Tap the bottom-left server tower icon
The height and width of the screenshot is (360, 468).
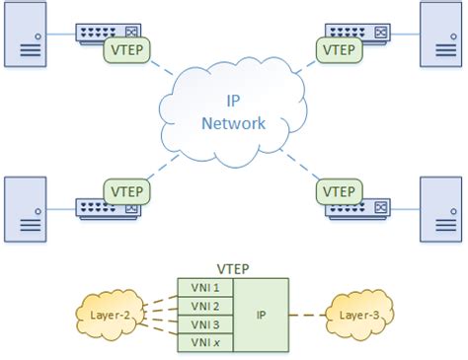point(26,208)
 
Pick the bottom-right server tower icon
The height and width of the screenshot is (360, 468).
point(442,208)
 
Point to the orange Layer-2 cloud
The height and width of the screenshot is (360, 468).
point(112,315)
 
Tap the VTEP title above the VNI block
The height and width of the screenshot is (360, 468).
point(232,268)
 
